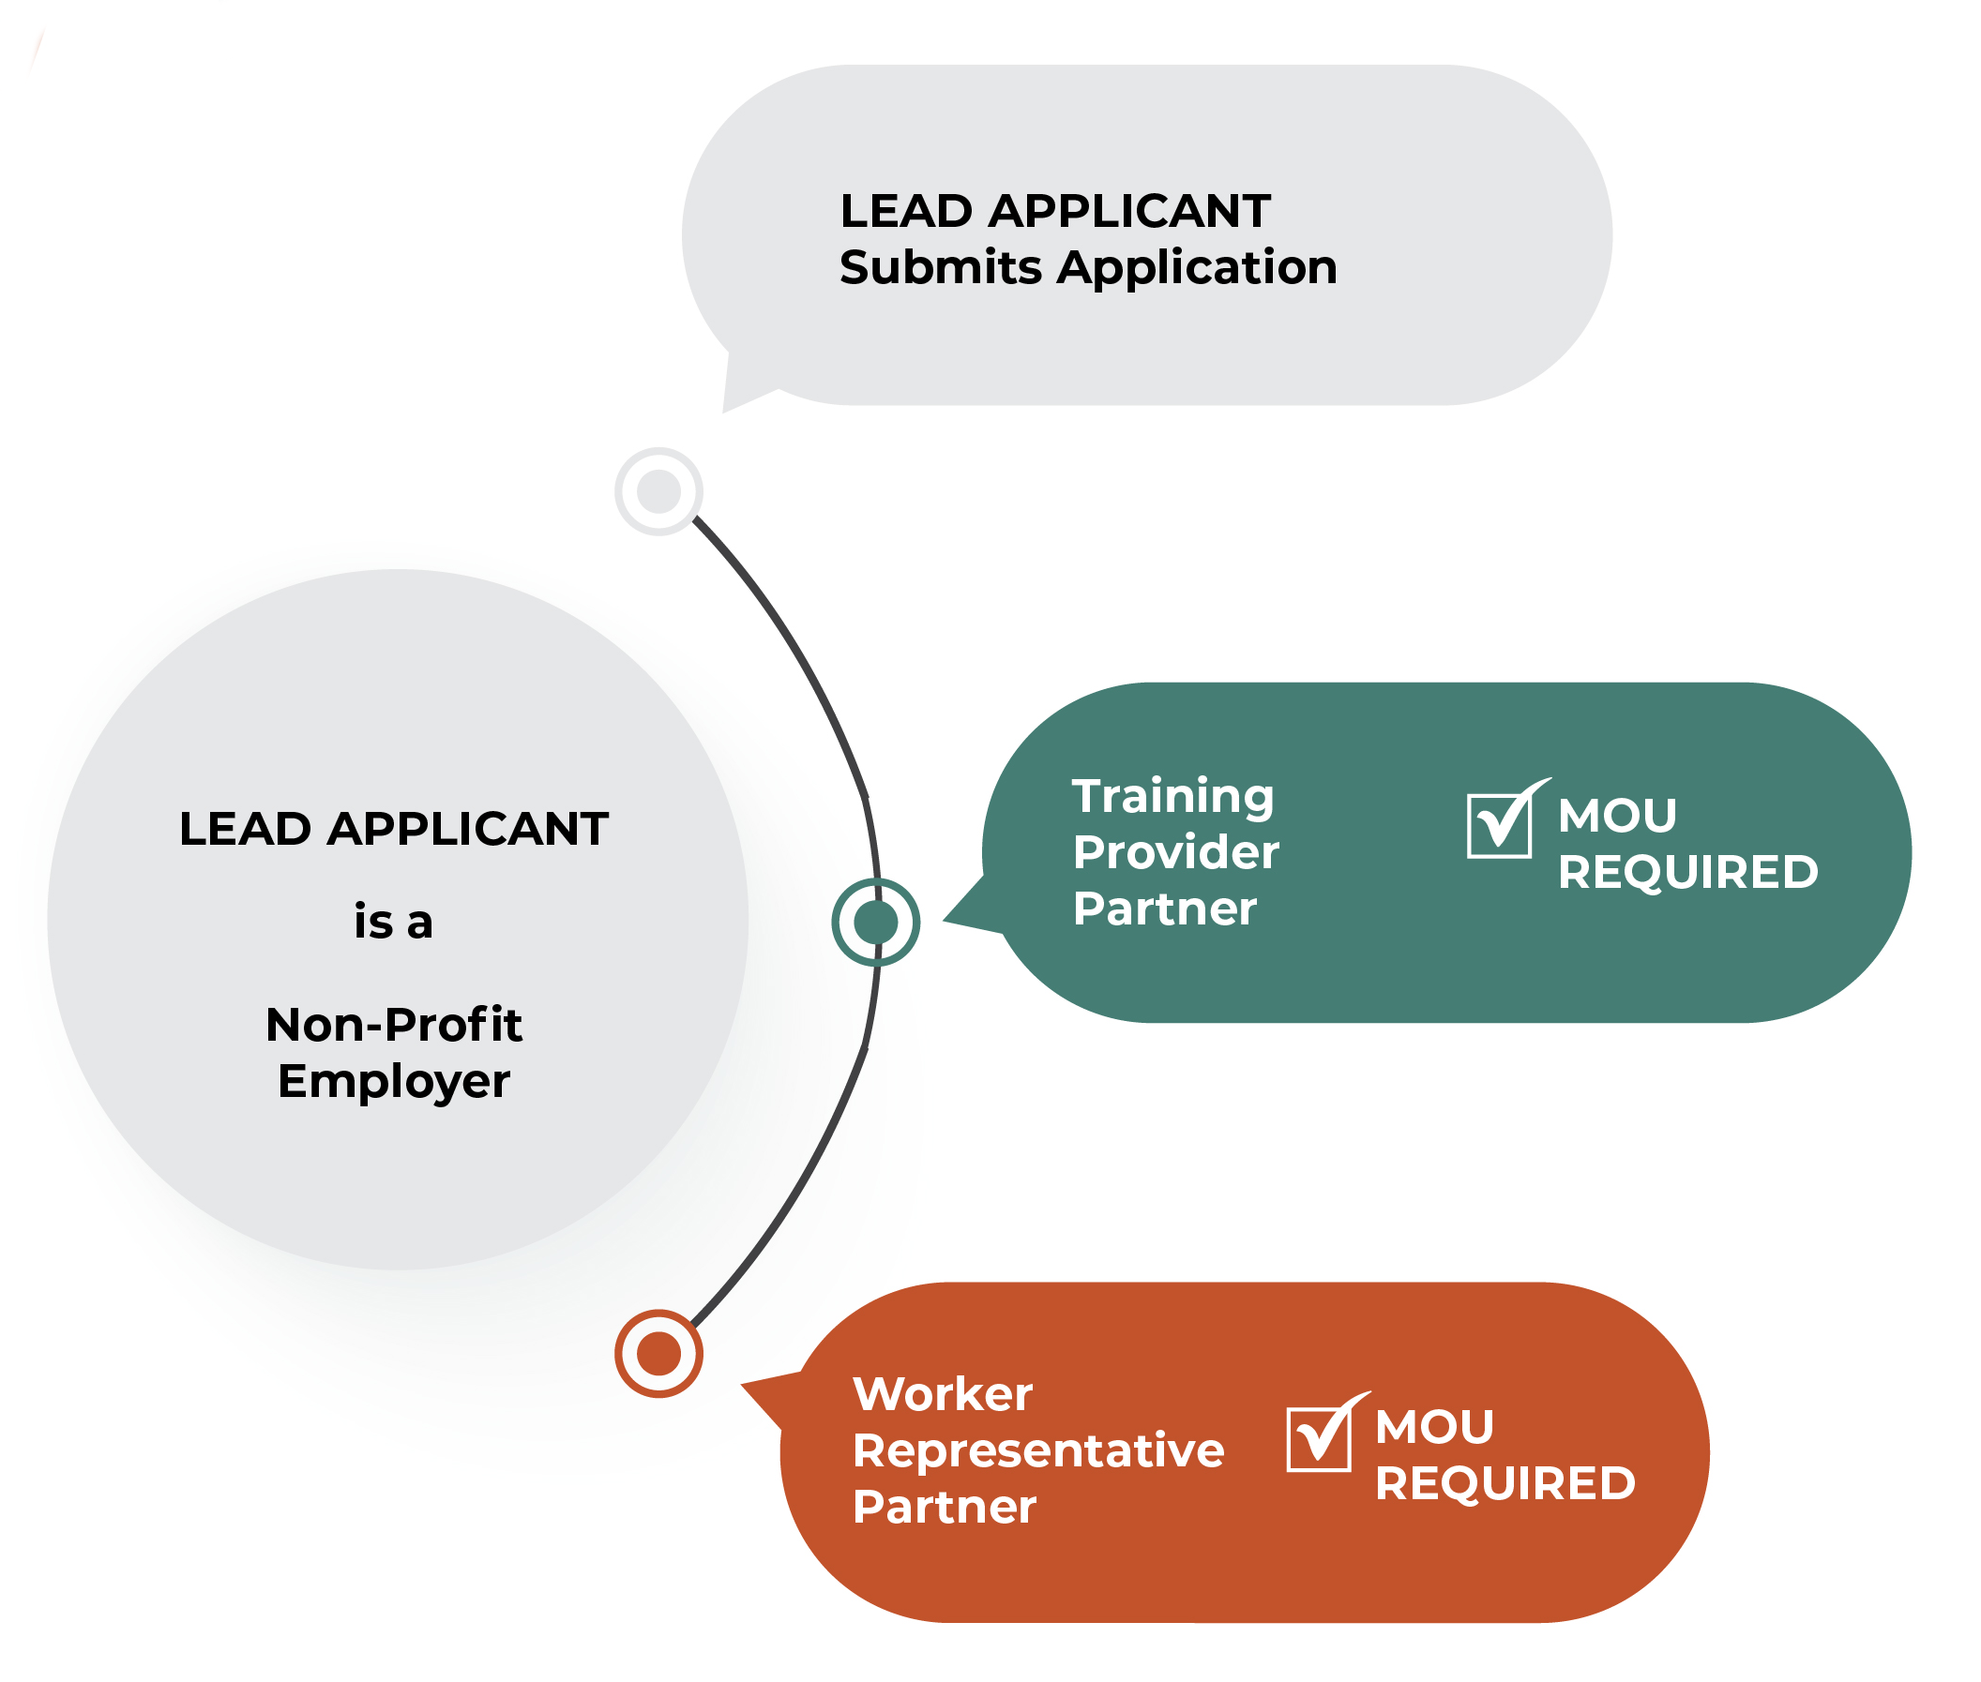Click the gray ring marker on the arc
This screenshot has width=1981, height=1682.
(658, 491)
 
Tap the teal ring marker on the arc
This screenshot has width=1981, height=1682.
(875, 922)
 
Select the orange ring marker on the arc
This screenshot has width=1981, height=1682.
(658, 1353)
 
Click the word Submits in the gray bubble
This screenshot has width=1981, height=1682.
(941, 268)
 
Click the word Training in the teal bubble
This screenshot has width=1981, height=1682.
(1172, 797)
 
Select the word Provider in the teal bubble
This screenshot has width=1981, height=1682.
(1175, 852)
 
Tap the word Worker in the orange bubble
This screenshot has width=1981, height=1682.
(943, 1395)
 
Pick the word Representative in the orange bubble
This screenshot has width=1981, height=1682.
(1037, 1451)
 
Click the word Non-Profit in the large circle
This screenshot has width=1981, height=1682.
(393, 1025)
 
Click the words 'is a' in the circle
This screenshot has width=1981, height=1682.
(393, 922)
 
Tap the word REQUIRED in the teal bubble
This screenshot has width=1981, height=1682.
(1687, 873)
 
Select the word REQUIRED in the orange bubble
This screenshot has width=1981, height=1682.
(1505, 1483)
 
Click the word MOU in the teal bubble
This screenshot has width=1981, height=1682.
(1617, 817)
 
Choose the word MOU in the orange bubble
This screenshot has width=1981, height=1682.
(1433, 1427)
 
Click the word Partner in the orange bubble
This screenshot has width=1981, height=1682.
(944, 1508)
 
